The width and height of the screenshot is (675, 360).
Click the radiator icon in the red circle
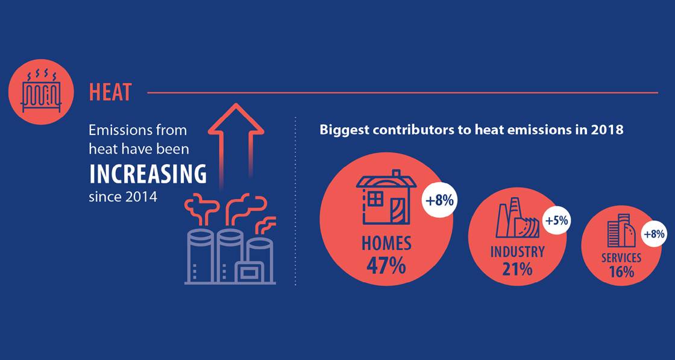click(41, 92)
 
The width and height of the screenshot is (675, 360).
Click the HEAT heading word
click(110, 93)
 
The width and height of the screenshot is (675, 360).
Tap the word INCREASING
click(148, 174)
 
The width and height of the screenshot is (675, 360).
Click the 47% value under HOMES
click(386, 265)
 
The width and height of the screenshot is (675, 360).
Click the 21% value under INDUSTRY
click(517, 269)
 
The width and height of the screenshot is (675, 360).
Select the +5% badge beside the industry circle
click(556, 221)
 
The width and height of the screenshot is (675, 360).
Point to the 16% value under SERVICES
click(621, 272)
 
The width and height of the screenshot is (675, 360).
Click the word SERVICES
click(621, 258)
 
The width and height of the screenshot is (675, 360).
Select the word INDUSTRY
click(517, 251)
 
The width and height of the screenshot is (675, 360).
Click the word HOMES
click(386, 243)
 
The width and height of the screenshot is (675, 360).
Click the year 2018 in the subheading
click(607, 129)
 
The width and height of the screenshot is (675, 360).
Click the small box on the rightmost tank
click(249, 273)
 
